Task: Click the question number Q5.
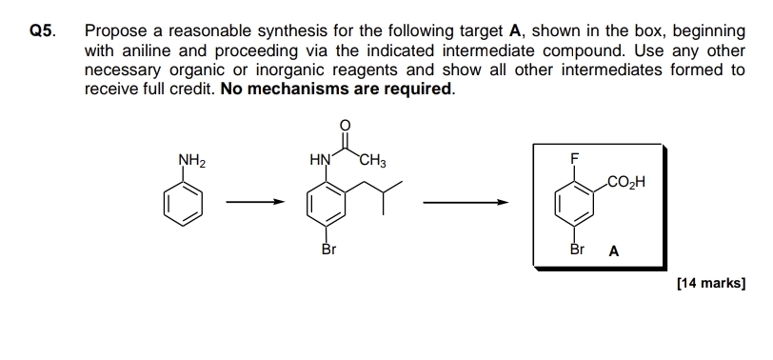(x=41, y=30)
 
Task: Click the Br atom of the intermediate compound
(x=328, y=250)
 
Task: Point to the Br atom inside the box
(x=576, y=250)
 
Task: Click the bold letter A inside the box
(x=614, y=252)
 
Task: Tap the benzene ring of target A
(x=575, y=202)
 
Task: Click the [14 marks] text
(x=709, y=283)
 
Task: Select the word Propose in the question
(x=115, y=30)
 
